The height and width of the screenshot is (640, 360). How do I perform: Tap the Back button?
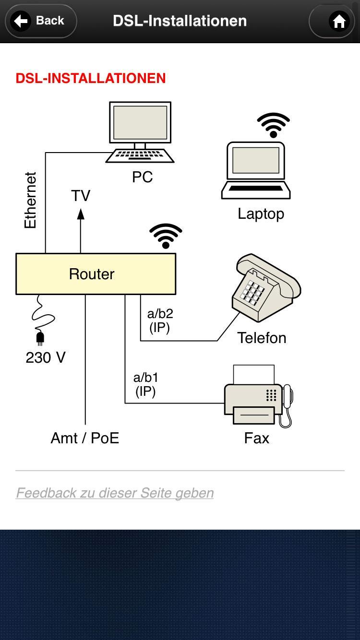41,21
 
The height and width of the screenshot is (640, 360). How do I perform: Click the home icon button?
339,21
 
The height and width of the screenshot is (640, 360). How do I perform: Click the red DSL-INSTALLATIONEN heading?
91,78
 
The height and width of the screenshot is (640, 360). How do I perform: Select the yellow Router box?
96,274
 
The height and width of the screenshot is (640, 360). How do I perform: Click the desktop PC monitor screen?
140,122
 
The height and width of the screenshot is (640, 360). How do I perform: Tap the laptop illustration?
256,171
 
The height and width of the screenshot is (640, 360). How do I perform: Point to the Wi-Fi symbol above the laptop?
273,125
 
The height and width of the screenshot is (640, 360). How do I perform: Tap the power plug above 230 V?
40,338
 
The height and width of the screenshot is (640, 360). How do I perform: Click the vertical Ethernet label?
31,201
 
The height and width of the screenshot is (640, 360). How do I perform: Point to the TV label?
81,196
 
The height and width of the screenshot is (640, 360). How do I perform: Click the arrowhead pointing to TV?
81,214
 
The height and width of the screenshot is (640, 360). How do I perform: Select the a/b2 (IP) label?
160,320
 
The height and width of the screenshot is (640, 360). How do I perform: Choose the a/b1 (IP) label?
145,385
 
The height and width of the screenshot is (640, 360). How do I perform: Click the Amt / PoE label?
85,438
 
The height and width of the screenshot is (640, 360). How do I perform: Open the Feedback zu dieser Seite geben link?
115,493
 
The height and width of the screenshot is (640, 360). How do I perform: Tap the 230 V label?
46,357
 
